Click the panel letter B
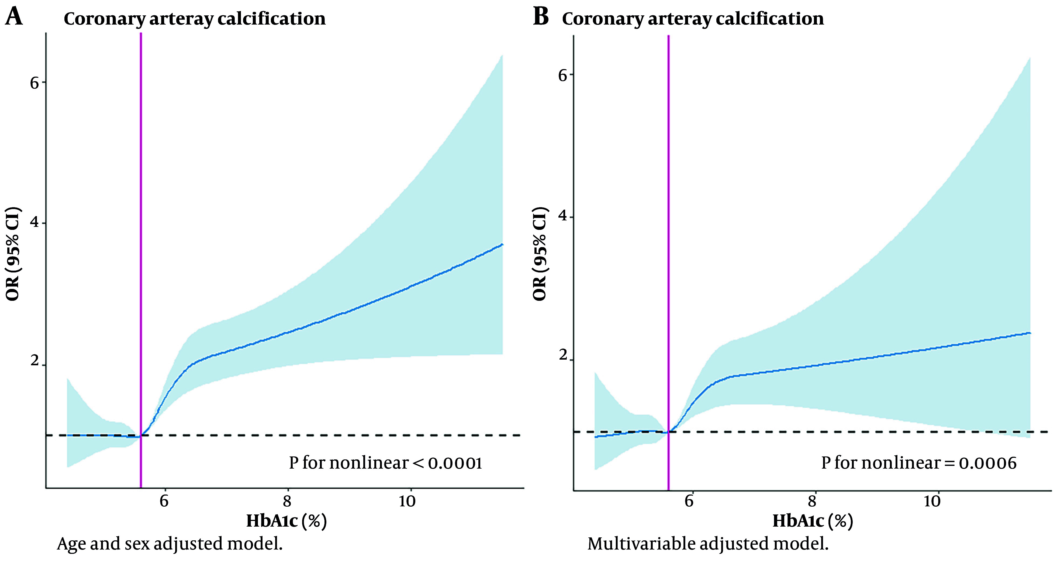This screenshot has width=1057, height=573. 541,18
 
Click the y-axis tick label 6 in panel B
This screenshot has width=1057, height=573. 562,76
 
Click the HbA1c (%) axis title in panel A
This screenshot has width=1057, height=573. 286,521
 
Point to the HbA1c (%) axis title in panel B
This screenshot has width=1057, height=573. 813,521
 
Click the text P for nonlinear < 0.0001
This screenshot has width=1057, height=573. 385,463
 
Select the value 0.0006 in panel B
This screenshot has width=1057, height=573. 988,463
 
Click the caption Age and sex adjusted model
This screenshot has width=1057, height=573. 170,544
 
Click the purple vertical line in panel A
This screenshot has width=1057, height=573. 141,247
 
